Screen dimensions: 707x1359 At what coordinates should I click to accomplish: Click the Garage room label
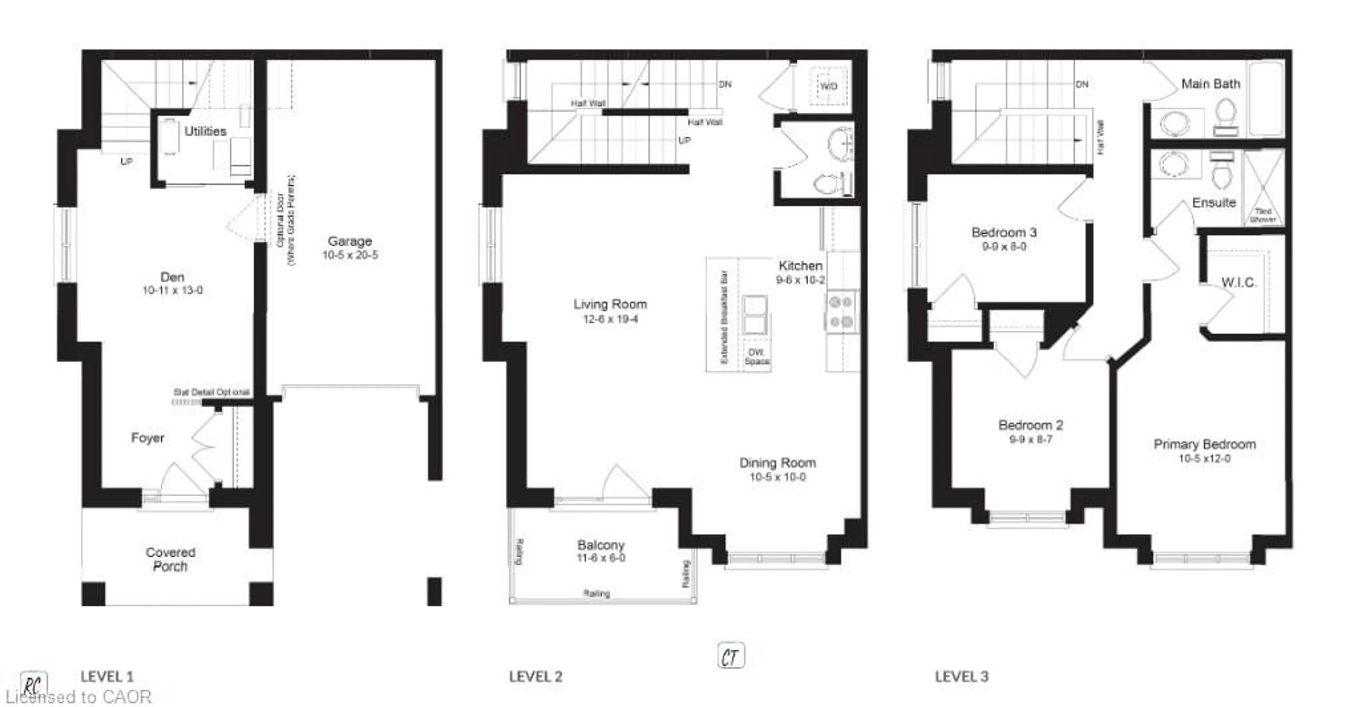pos(350,241)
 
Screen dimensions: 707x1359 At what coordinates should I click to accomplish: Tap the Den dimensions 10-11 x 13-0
pos(172,290)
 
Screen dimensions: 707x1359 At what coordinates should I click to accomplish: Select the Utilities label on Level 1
pos(205,131)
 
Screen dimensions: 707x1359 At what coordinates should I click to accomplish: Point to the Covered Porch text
pos(170,559)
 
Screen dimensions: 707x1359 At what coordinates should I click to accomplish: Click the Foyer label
pos(148,438)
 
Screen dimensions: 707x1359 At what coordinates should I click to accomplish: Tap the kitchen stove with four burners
pos(842,312)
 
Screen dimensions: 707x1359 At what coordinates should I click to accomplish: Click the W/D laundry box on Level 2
pos(828,86)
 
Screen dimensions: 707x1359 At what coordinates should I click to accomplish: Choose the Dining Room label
pos(777,463)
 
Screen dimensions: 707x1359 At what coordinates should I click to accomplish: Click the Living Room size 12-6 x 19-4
pos(610,319)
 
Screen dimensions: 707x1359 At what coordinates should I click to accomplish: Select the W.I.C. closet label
pos(1239,283)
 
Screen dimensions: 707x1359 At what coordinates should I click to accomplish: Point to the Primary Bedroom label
pos(1204,444)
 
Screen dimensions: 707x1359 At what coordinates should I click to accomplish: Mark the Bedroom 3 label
pos(1004,232)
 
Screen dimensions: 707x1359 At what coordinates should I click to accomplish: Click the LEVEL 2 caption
pos(535,677)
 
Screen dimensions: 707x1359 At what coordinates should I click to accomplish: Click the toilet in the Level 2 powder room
pos(826,184)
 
